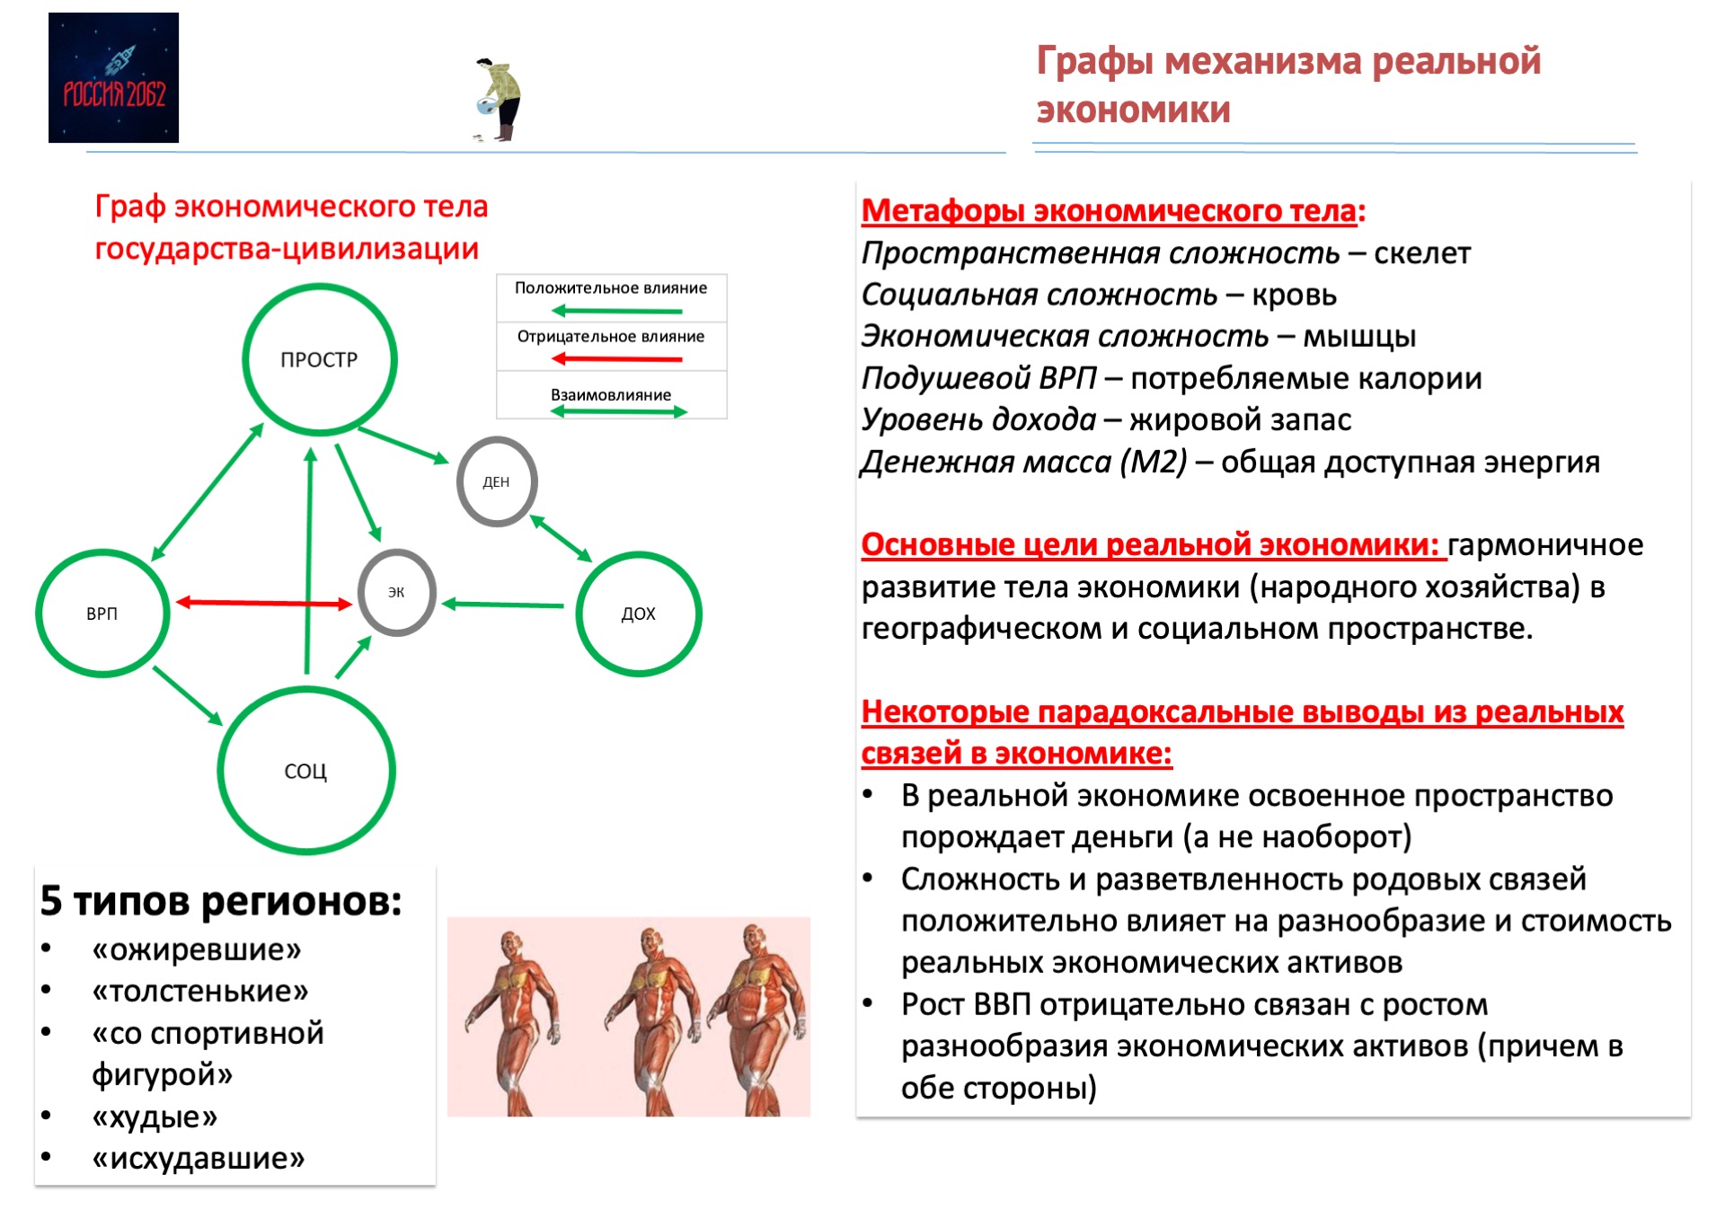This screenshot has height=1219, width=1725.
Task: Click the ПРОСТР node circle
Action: (319, 359)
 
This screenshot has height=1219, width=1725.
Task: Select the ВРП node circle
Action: (102, 614)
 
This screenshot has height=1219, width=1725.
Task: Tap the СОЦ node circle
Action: (306, 771)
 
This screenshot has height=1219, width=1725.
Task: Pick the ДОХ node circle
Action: (639, 614)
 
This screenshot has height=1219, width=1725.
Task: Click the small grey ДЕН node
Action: (497, 481)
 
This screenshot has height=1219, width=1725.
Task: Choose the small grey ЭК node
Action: (396, 592)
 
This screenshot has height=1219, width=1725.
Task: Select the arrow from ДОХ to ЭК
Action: (503, 605)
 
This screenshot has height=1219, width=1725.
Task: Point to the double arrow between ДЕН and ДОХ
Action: (561, 538)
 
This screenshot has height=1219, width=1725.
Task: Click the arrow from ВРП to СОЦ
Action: (188, 695)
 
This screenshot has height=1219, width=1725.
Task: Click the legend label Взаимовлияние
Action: (611, 395)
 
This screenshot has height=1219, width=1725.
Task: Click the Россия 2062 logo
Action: (113, 78)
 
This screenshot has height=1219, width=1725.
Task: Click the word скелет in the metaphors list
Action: (1421, 254)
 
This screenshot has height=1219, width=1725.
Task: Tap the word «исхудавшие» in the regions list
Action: (199, 1159)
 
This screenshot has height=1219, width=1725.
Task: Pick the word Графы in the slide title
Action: (1095, 61)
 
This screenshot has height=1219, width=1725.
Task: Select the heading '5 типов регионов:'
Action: (221, 901)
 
